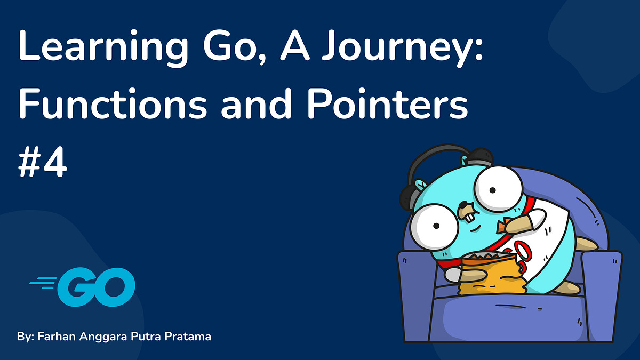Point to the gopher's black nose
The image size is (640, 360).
(x=465, y=205)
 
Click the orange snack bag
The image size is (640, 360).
(x=491, y=275)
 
